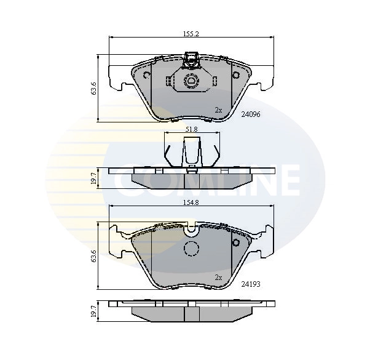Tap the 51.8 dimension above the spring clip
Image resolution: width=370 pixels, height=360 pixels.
coord(191,129)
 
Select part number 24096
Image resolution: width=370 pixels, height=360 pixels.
coord(251,114)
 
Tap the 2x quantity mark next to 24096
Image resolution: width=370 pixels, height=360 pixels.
coord(218,110)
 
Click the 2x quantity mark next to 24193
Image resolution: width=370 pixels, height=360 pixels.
coord(218,278)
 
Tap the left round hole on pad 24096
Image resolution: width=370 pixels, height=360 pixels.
coord(146,76)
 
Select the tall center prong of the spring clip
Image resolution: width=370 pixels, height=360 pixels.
coord(192,150)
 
